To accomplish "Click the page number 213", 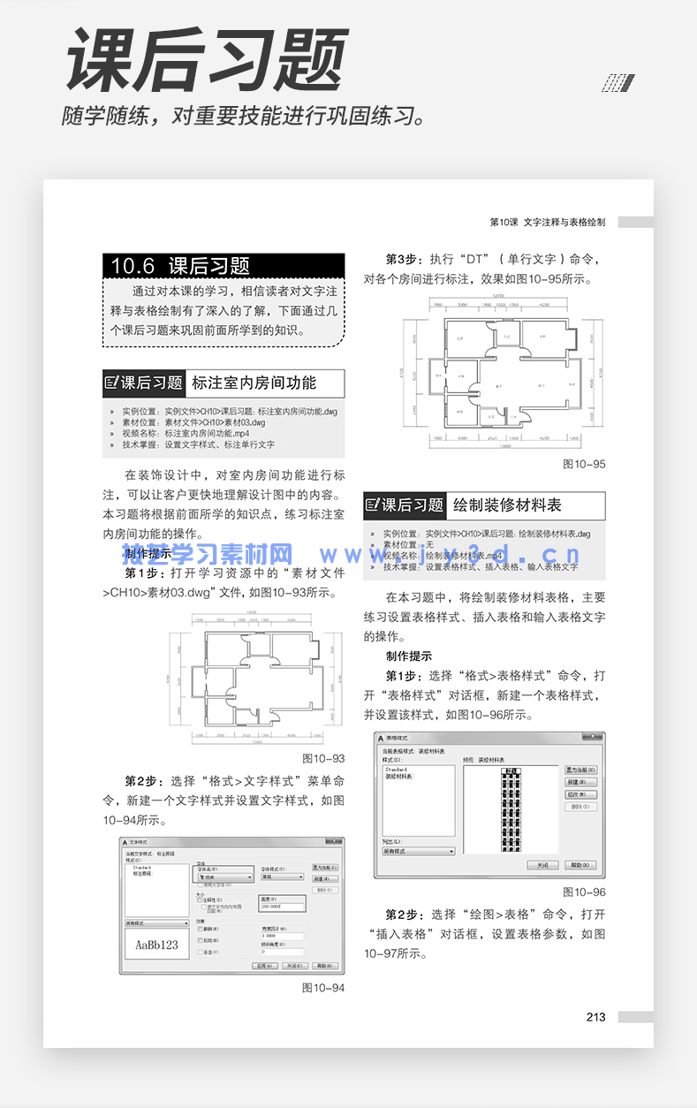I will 595,1017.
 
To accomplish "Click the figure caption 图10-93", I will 323,758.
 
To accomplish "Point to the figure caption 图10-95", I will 584,464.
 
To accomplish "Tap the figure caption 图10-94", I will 323,988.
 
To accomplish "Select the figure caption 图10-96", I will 584,892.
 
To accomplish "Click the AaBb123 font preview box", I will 156,945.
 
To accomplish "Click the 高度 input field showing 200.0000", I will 281,907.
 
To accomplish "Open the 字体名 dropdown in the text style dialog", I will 223,877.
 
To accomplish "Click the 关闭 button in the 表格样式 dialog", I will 542,865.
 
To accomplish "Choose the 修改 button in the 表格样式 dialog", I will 580,795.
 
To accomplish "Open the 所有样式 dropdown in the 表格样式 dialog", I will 418,851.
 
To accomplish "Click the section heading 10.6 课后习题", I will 181,266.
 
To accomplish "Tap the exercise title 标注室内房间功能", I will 254,383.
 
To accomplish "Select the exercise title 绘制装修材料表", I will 507,506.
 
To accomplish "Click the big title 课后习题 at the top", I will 207,61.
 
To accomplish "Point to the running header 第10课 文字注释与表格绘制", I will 547,223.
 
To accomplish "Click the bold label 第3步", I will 404,260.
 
